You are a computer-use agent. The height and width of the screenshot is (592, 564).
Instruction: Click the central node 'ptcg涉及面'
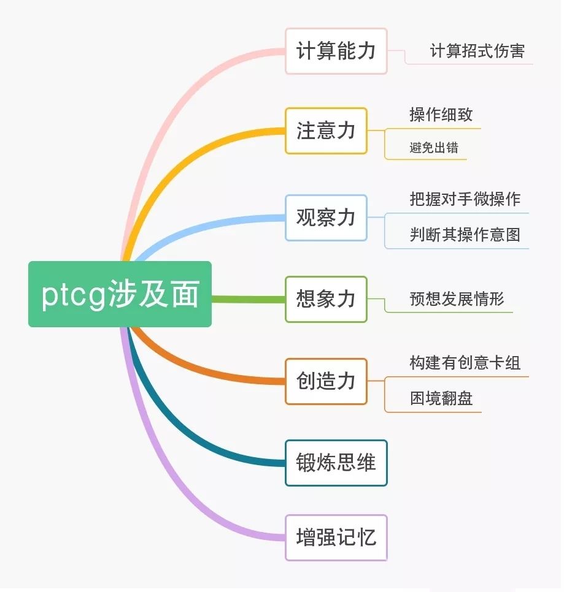tap(120, 294)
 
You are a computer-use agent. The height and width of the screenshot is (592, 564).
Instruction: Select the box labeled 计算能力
tap(336, 51)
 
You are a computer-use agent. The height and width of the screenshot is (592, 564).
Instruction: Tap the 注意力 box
tap(326, 131)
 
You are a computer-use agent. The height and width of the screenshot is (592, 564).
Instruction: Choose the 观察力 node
tap(326, 218)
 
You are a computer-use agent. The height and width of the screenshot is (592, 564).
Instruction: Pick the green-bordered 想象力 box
tap(326, 299)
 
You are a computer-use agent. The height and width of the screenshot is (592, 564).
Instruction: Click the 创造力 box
tap(326, 381)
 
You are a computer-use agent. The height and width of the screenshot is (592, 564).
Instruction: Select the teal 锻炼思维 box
tap(336, 463)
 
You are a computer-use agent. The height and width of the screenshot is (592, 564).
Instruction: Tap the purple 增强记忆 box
tap(336, 537)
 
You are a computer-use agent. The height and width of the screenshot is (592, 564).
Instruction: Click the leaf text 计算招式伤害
tap(477, 51)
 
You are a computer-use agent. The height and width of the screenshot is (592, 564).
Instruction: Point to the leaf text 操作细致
tap(441, 115)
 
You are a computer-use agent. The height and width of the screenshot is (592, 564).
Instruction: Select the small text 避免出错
tap(434, 148)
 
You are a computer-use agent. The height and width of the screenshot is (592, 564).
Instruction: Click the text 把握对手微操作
tap(465, 199)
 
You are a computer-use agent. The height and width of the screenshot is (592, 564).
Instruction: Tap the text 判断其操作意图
tap(465, 235)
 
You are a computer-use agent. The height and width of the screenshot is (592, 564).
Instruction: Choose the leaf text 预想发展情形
tap(457, 299)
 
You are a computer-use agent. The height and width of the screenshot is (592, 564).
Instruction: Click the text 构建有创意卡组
tap(465, 363)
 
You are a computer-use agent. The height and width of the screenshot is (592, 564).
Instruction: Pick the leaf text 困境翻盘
tap(441, 399)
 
